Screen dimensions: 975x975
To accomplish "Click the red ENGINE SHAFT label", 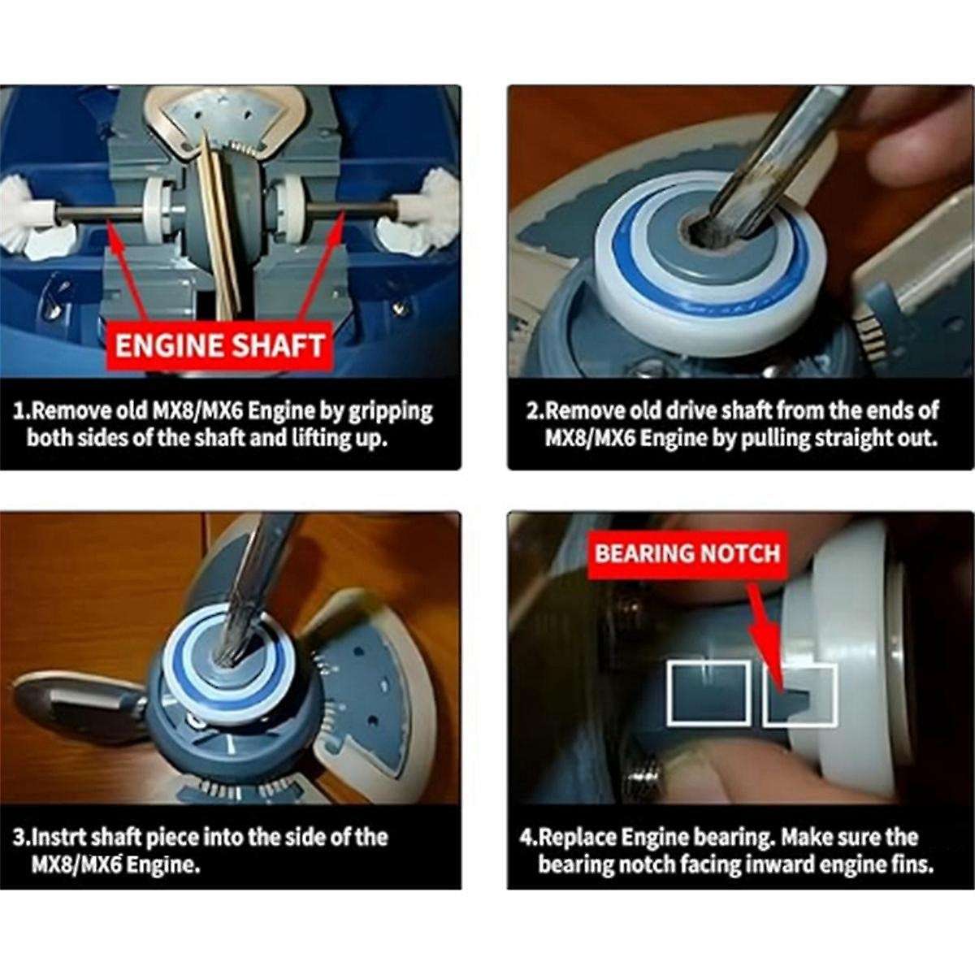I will pos(219,344).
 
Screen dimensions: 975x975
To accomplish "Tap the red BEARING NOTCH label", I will pos(687,553).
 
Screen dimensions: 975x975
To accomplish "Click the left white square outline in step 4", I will pos(708,692).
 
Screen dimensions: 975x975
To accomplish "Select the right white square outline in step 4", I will pos(799,694).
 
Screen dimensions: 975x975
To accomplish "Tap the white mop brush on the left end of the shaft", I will pos(32,215).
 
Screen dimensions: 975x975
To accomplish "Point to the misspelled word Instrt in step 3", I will pos(57,837).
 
